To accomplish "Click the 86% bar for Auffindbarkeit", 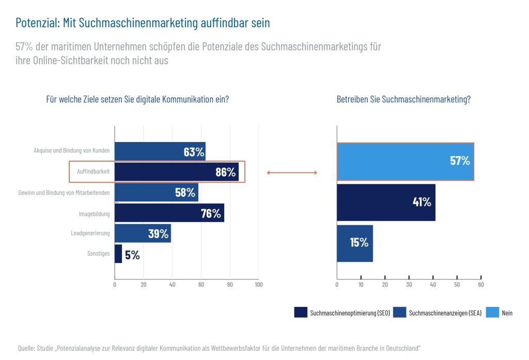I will (x=176, y=172).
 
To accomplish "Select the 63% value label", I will (x=194, y=152).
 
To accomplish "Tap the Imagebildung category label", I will (x=94, y=213).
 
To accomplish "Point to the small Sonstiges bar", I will (x=118, y=254).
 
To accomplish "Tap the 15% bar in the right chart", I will (x=354, y=243).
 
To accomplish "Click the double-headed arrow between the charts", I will (x=292, y=173).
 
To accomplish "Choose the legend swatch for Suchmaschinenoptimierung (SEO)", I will (x=301, y=312).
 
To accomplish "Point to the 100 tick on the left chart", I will (x=259, y=285).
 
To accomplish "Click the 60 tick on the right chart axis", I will (x=481, y=285).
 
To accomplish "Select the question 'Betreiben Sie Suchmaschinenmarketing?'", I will (x=403, y=100).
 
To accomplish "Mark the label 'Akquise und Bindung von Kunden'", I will (x=72, y=152).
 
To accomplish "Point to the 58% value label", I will (x=185, y=193).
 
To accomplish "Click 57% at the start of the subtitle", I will (x=24, y=46).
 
